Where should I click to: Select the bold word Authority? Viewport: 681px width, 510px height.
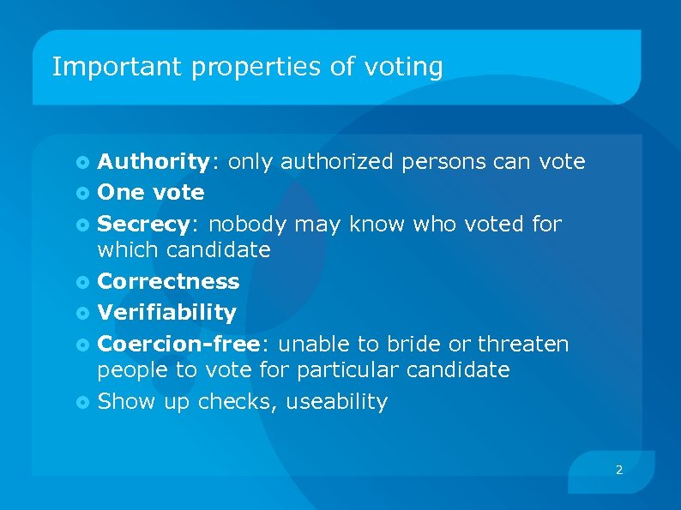[x=153, y=161]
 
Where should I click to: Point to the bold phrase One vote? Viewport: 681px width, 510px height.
[x=151, y=192]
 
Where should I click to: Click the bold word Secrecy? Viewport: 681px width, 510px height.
[x=142, y=224]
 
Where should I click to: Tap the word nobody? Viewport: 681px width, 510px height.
[x=248, y=224]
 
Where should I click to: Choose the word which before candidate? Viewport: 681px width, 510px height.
[x=129, y=249]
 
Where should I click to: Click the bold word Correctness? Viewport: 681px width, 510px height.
[x=168, y=281]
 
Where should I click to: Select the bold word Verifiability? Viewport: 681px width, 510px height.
[x=166, y=312]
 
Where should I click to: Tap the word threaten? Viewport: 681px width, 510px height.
[x=523, y=344]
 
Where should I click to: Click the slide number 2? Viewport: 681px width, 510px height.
[x=619, y=470]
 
